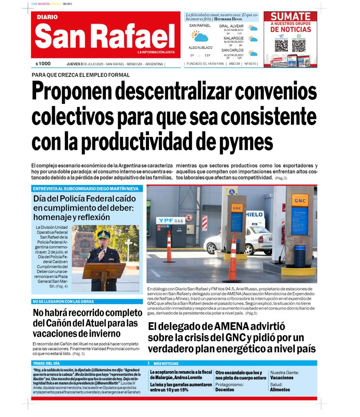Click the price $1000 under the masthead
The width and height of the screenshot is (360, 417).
coord(43,64)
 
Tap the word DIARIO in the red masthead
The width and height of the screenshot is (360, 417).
coord(47,17)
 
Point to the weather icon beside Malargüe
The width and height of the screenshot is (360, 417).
coord(253,39)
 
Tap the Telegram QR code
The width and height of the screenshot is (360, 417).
coord(281,45)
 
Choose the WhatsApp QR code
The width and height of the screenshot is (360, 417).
coord(299,45)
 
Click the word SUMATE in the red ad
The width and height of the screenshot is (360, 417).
coord(290,16)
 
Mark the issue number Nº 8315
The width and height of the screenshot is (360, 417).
coord(250,64)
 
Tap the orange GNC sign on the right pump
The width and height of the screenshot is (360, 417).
coord(300,200)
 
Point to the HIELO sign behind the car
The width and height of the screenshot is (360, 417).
coord(255,214)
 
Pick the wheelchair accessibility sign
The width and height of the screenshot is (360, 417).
coord(232,192)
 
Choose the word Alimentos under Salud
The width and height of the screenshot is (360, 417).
coord(280,390)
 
